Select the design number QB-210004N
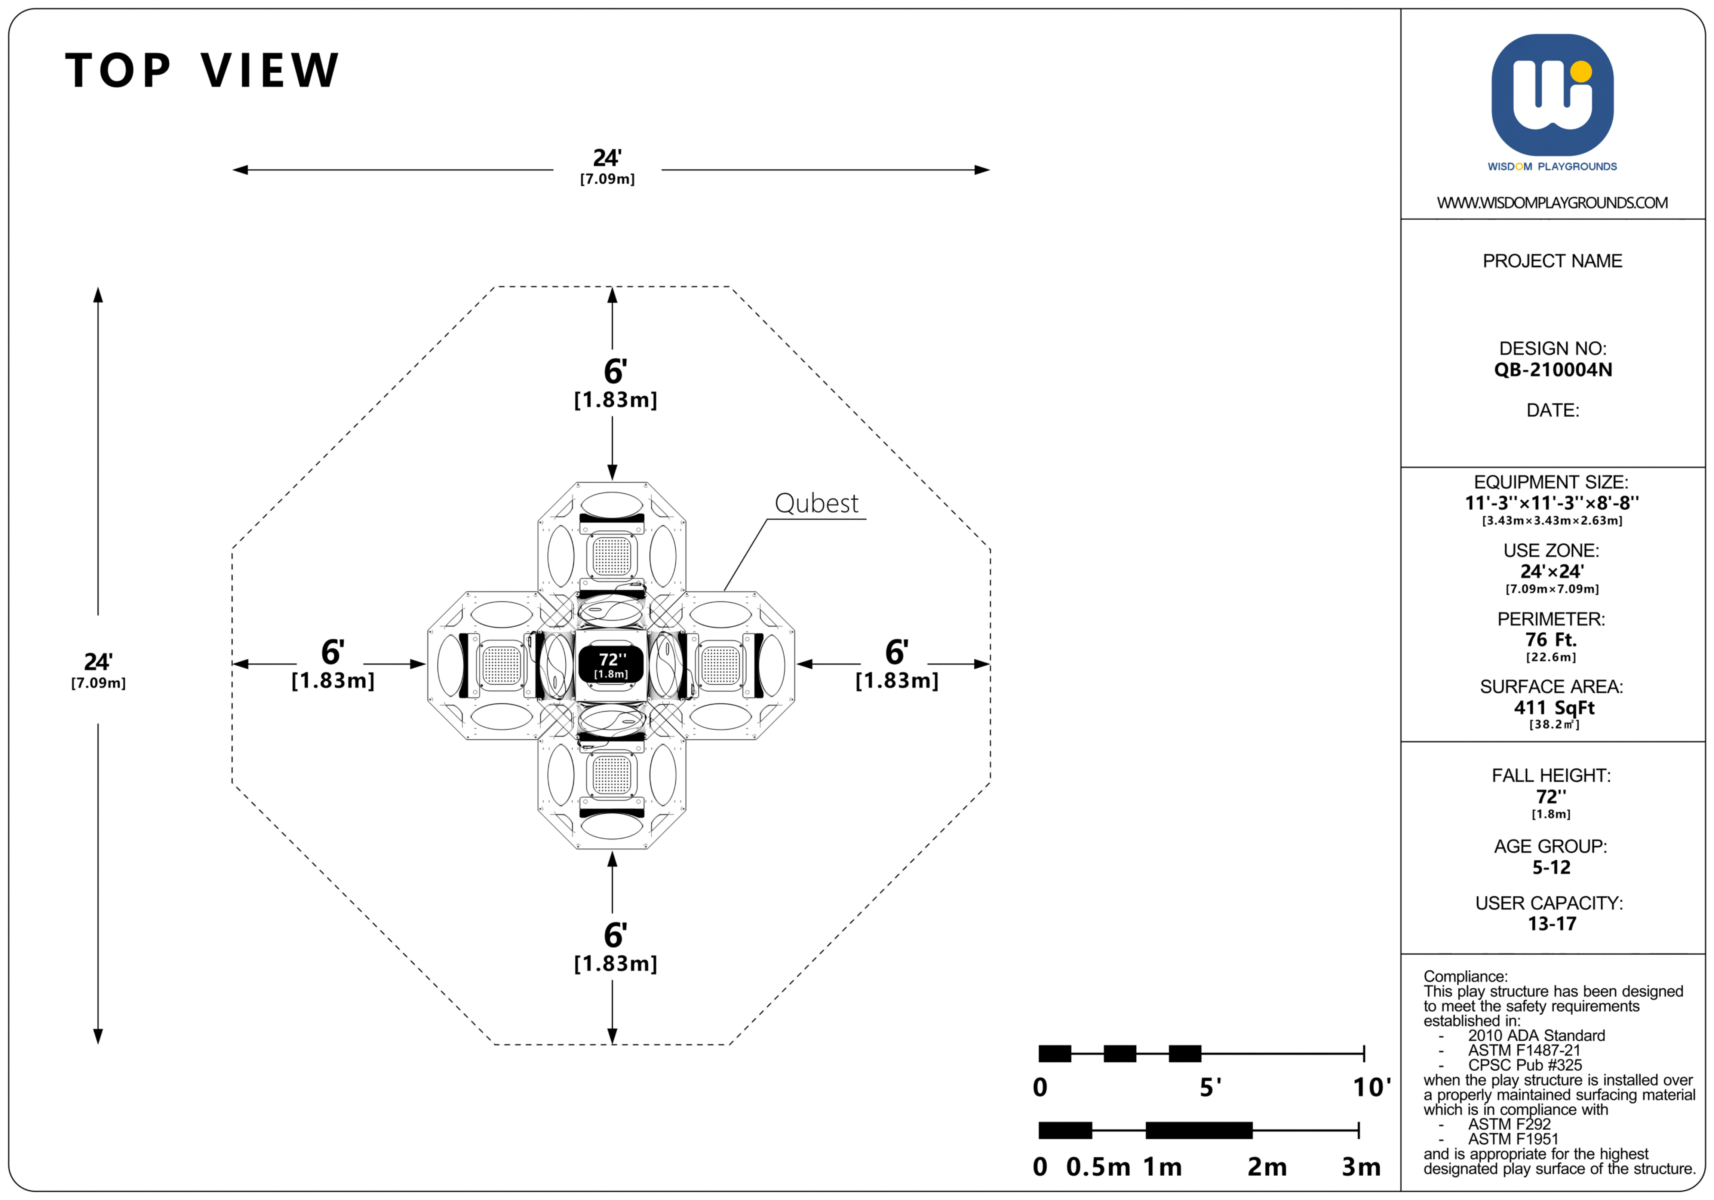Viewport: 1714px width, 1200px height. tap(1553, 369)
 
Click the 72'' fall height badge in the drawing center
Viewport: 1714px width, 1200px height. tap(611, 665)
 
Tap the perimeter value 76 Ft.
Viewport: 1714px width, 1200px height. tap(1551, 640)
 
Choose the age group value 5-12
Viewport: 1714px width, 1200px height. tap(1551, 868)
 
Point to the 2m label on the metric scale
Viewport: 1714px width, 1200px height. tap(1267, 1166)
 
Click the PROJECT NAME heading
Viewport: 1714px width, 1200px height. tap(1552, 261)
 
